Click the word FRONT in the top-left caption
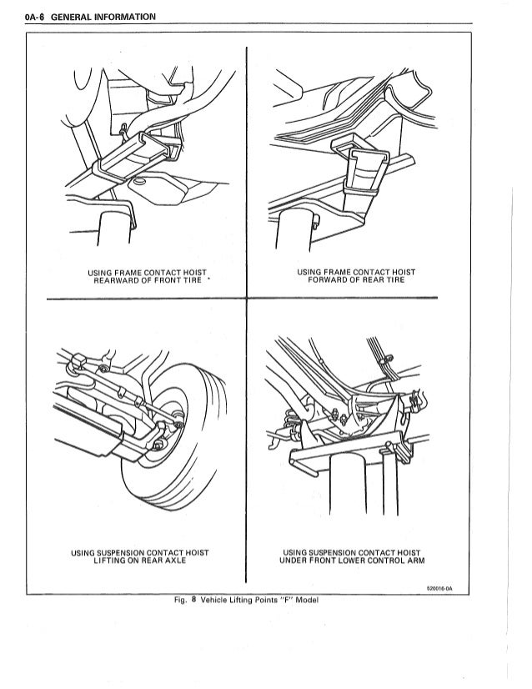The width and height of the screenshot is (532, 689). click(166, 280)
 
